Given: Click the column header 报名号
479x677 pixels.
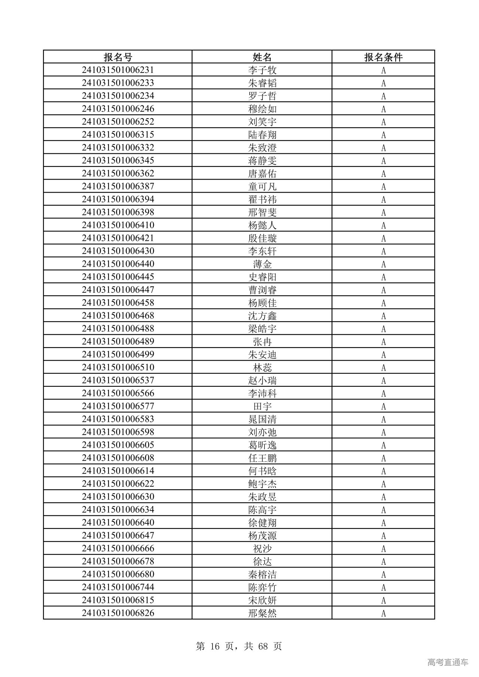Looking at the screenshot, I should tap(118, 57).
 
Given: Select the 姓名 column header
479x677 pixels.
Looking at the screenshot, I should tap(262, 57).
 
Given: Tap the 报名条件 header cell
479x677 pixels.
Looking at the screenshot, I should tap(383, 57).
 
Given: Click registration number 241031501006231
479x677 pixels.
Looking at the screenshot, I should tap(118, 70).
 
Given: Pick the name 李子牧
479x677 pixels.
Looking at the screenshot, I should tap(262, 70).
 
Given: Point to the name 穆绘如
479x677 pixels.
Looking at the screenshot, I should tap(262, 109).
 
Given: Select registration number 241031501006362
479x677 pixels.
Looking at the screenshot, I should tap(118, 174).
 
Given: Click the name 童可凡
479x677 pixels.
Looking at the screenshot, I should tap(262, 187).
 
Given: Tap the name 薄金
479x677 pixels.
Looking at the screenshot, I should tap(262, 264).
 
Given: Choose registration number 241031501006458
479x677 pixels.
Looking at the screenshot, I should tap(118, 303).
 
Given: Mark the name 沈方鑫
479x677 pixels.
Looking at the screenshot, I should tap(262, 316).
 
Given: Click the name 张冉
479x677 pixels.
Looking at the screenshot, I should tap(262, 342).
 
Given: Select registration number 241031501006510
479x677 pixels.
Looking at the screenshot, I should tap(118, 367).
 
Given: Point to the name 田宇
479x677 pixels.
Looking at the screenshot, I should tap(262, 406).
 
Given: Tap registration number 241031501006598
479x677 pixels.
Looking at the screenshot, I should tap(118, 432).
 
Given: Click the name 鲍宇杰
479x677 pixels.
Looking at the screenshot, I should tap(262, 484).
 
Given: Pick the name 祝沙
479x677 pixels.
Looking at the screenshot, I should tap(262, 549).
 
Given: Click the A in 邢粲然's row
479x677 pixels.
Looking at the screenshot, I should tap(383, 613).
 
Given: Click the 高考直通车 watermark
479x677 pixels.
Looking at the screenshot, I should tap(448, 662).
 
